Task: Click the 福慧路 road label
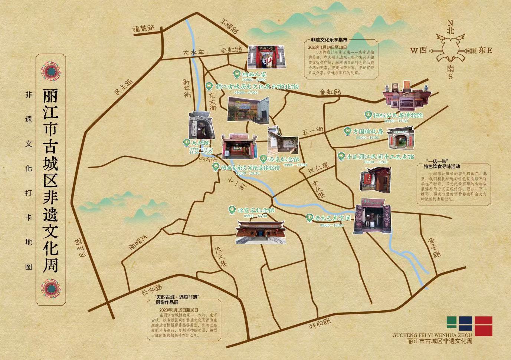click(x=144, y=29)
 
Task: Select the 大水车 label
click(x=194, y=53)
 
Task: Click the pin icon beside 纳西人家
click(x=236, y=73)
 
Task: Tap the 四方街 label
click(x=208, y=160)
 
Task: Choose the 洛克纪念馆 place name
click(x=284, y=159)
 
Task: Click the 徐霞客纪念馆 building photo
click(x=261, y=232)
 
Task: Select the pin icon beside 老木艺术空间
click(x=309, y=218)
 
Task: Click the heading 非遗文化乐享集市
click(x=329, y=40)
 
